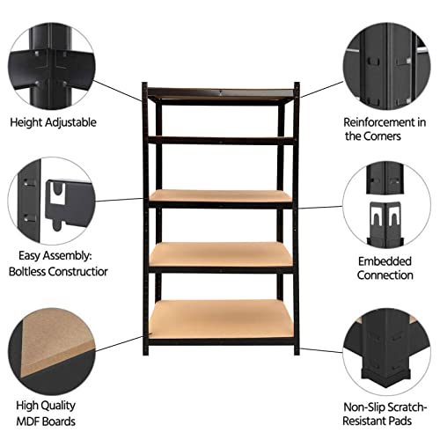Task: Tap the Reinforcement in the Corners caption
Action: [x=385, y=128]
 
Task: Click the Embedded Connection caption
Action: [x=385, y=268]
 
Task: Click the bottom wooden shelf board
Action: [x=221, y=319]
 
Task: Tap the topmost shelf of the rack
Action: [x=222, y=92]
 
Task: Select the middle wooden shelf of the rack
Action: [x=221, y=196]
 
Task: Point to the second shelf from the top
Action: [x=222, y=137]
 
